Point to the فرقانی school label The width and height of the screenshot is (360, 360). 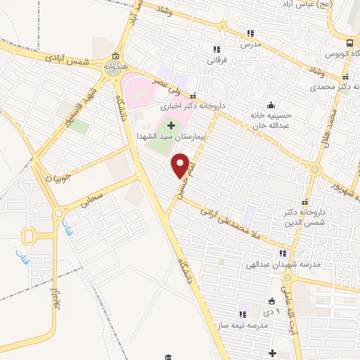pyautogui.click(x=215, y=60)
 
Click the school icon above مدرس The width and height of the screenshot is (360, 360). pyautogui.click(x=250, y=32)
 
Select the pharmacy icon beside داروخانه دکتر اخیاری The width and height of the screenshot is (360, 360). pyautogui.click(x=193, y=97)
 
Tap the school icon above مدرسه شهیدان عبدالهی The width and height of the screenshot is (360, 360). pyautogui.click(x=283, y=253)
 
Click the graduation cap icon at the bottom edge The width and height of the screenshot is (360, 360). pyautogui.click(x=167, y=358)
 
